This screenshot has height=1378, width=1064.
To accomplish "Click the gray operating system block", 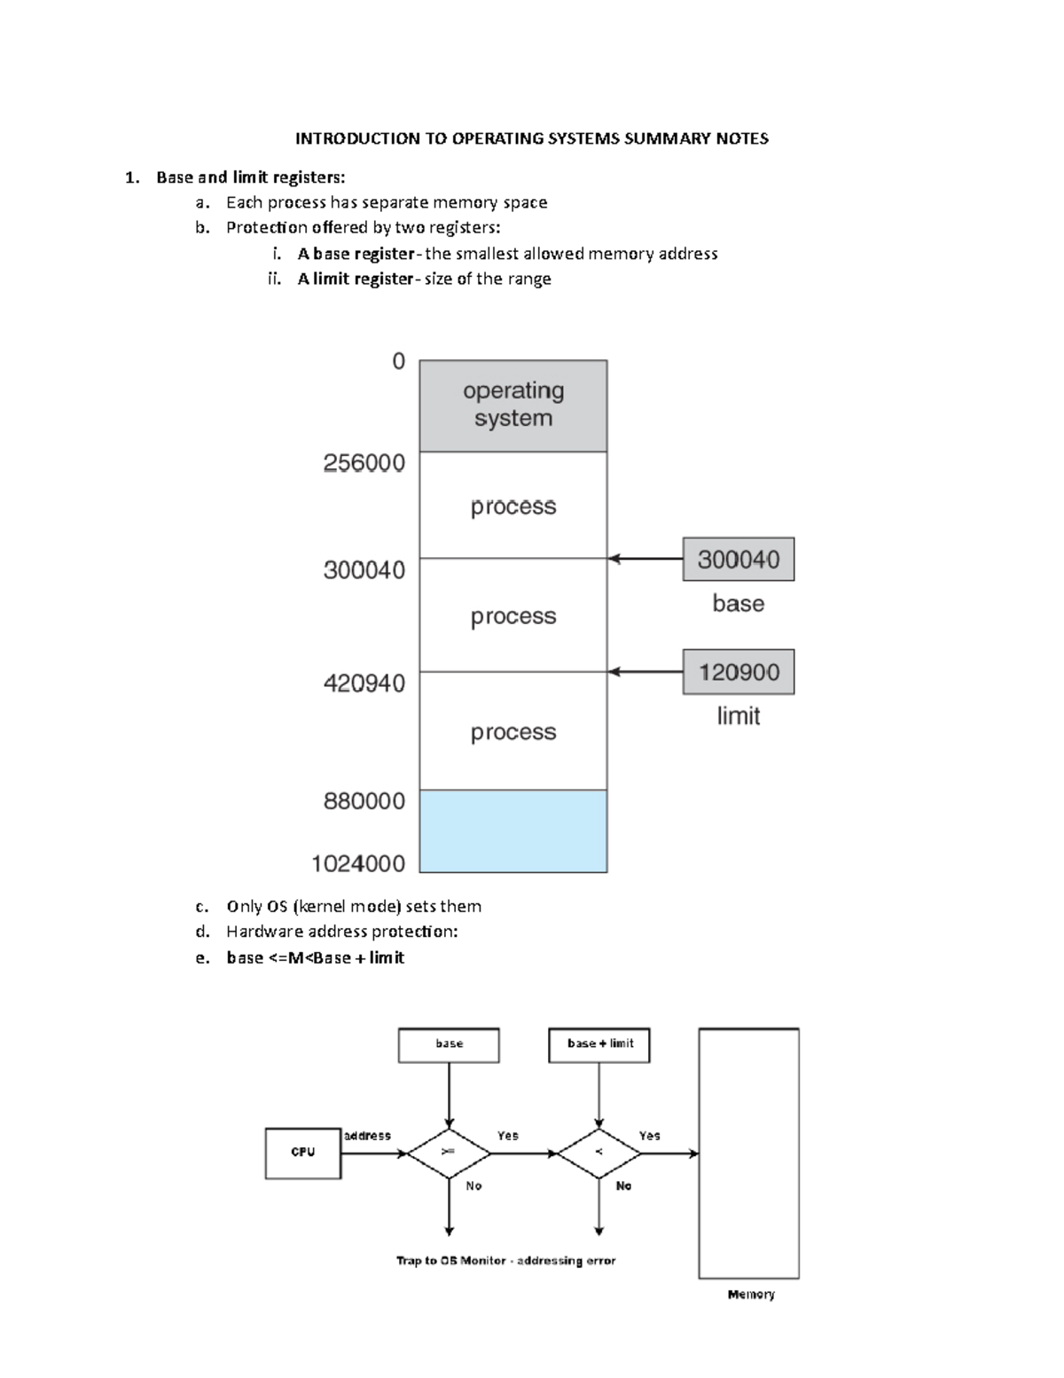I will click(x=512, y=406).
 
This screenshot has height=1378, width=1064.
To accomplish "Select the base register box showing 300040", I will click(x=738, y=559).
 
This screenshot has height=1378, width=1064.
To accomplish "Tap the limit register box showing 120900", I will click(x=738, y=672).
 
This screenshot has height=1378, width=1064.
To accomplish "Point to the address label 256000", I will click(x=364, y=463).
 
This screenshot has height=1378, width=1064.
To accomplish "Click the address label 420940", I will click(x=364, y=683).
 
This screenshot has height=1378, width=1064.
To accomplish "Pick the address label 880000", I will click(x=364, y=801).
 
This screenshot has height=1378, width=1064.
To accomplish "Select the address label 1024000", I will click(x=357, y=863).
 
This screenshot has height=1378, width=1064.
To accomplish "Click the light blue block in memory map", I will click(x=512, y=831).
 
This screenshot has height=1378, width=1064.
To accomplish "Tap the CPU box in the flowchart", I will click(x=303, y=1153).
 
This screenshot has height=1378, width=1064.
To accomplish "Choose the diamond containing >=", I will click(x=449, y=1153).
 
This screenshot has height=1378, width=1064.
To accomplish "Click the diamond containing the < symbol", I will click(x=599, y=1153).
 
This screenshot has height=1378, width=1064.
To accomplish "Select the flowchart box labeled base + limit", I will click(x=599, y=1044).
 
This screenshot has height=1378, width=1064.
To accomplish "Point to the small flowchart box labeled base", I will click(x=449, y=1044).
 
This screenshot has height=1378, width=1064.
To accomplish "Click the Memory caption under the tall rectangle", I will click(x=750, y=1295).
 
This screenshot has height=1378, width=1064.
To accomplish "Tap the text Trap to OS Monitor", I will click(x=450, y=1261).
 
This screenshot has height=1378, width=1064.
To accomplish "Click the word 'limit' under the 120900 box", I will click(x=738, y=716).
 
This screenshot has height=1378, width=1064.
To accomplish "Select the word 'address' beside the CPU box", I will click(x=367, y=1136).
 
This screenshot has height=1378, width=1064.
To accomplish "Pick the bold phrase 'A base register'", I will click(x=356, y=254).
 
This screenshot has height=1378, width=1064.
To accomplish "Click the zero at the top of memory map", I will click(x=398, y=361).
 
